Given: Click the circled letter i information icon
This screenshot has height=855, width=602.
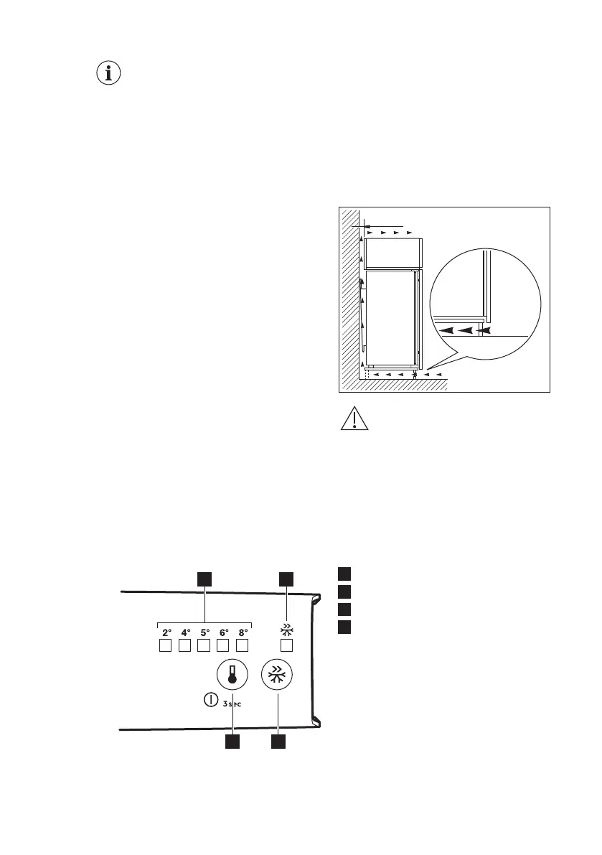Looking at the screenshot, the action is coord(109,73).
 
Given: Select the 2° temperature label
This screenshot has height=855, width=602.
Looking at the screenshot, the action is coord(166,633).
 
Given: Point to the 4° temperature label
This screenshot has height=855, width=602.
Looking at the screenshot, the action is coord(185,633).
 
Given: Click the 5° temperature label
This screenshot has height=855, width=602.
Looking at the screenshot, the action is coord(204,633).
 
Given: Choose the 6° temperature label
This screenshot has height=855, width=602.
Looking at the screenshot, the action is coord(224,633).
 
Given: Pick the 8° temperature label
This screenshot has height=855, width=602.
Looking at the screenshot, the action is coord(243,633).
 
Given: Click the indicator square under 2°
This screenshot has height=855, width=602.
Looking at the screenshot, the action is coord(165,646).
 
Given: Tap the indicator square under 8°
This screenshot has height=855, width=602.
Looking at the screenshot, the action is coord(243,646).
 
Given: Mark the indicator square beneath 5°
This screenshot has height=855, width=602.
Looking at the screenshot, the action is coord(204,646).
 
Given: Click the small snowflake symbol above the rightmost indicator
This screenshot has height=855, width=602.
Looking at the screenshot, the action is coord(286,631).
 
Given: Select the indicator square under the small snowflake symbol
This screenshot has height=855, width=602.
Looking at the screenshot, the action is coord(286,646).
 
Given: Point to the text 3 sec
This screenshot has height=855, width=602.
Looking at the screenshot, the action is coord(232,703).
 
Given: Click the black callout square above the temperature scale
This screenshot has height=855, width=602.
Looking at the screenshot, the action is coord(204,578).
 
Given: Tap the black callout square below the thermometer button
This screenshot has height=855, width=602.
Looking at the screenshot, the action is coord(232,742).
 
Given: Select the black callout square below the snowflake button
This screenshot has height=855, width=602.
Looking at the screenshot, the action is coord(278,742).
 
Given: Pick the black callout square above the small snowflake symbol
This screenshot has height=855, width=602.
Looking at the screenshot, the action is coord(286,578).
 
